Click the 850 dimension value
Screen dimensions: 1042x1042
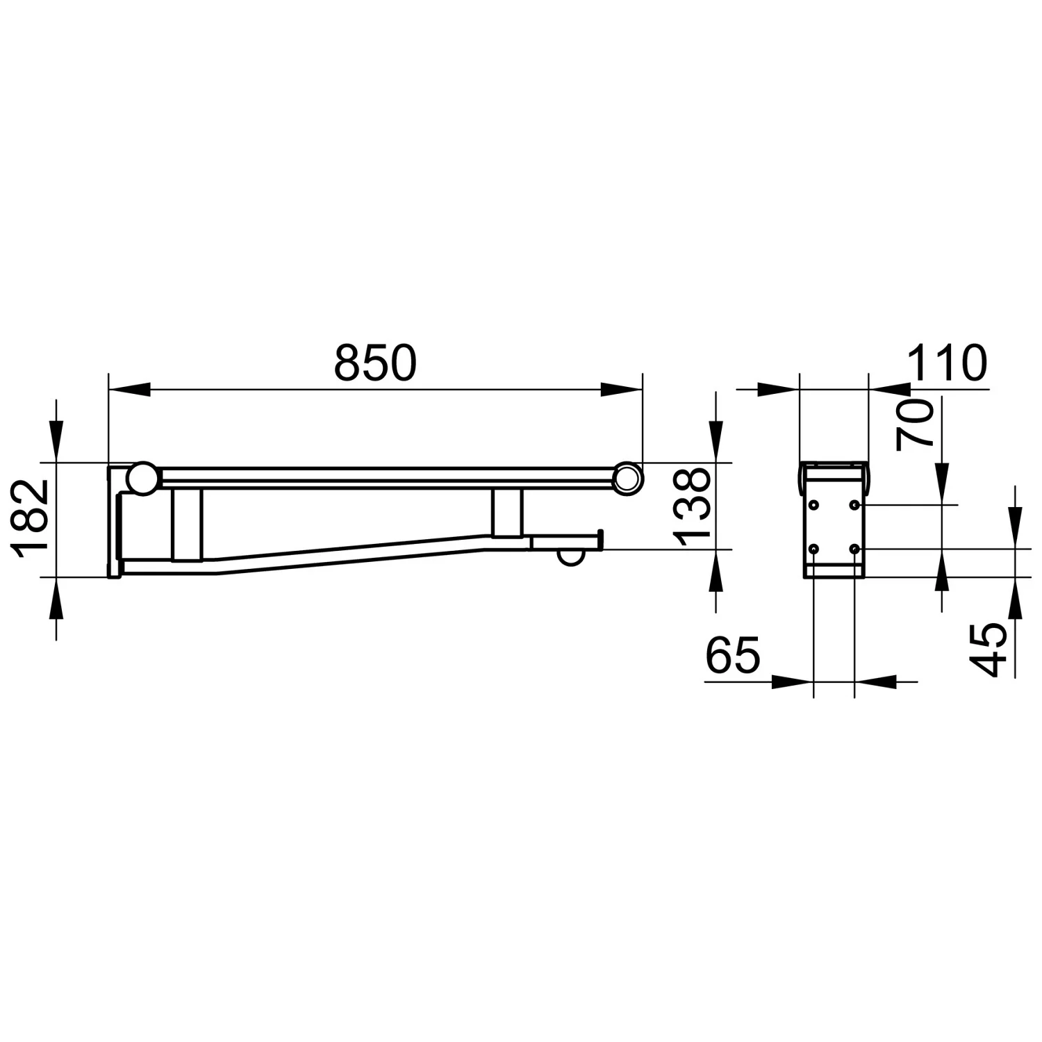click(x=375, y=363)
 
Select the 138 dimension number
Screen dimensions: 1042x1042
click(x=693, y=506)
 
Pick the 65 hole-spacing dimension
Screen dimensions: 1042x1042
click(x=733, y=654)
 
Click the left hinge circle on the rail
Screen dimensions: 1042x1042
click(x=144, y=479)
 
